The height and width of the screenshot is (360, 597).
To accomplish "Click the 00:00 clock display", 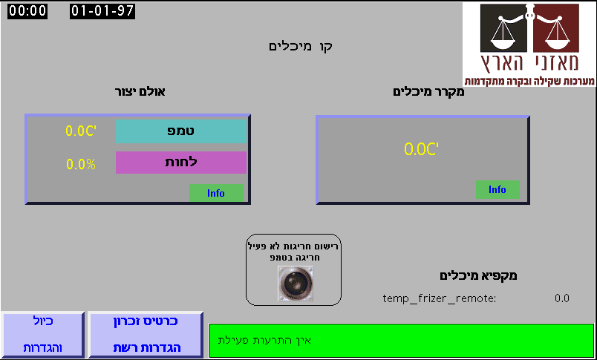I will (27, 11).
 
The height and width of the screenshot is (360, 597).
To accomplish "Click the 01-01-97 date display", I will (102, 11).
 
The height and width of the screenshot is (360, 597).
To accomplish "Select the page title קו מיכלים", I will (300, 46).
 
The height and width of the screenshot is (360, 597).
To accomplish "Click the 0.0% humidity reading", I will (81, 164).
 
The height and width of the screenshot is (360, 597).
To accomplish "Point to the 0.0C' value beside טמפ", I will (81, 131).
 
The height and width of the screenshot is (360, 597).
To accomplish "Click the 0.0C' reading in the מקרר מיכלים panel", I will (422, 149).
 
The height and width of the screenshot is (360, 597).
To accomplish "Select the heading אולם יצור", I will (140, 92).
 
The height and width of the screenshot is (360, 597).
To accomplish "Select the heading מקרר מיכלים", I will (428, 92).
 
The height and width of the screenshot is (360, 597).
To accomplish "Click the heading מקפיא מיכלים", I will (478, 275).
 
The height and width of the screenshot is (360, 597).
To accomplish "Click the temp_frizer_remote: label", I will (439, 298).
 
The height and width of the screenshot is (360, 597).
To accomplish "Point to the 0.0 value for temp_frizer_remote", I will (561, 298).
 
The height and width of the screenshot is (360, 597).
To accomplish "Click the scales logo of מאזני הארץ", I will (529, 37).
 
